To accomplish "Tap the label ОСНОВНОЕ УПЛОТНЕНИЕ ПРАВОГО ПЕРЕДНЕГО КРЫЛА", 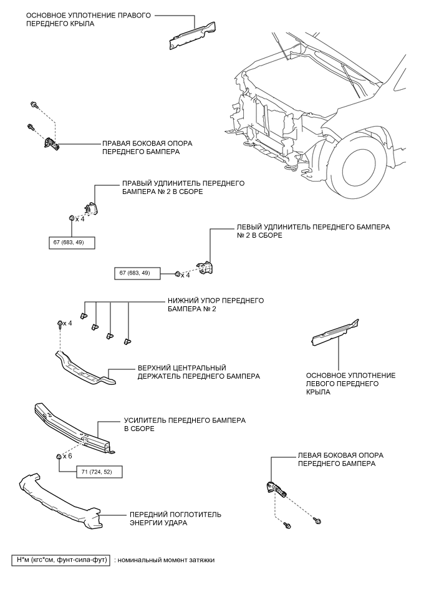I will (88, 19).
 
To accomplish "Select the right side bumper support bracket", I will (51, 143).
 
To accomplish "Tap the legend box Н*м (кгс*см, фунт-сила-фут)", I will (60, 560).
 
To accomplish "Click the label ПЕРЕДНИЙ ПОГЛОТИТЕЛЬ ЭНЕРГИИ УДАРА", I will (175, 519).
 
